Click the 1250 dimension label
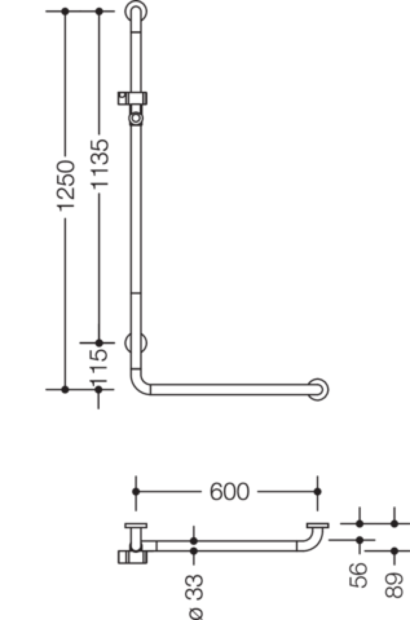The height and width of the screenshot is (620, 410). pos(65,186)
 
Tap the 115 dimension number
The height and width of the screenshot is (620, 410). pos(98,367)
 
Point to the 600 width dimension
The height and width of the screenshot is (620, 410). pos(229,492)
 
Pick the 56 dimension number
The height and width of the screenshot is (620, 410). pos(358,575)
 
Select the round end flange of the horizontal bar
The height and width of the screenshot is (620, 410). pos(319,389)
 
